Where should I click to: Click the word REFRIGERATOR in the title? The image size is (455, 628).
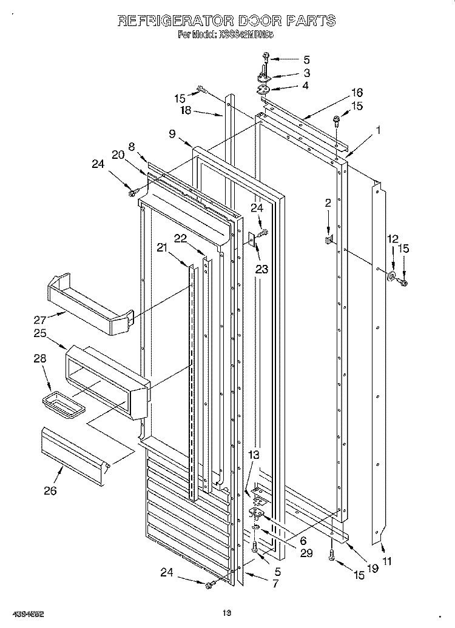pyautogui.click(x=173, y=21)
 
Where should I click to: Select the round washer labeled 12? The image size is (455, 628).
pyautogui.click(x=389, y=278)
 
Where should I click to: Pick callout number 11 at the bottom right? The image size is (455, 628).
pyautogui.click(x=387, y=561)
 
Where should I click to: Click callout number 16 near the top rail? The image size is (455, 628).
pyautogui.click(x=356, y=92)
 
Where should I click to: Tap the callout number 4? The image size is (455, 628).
pyautogui.click(x=305, y=85)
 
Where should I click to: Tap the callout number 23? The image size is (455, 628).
pyautogui.click(x=261, y=270)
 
